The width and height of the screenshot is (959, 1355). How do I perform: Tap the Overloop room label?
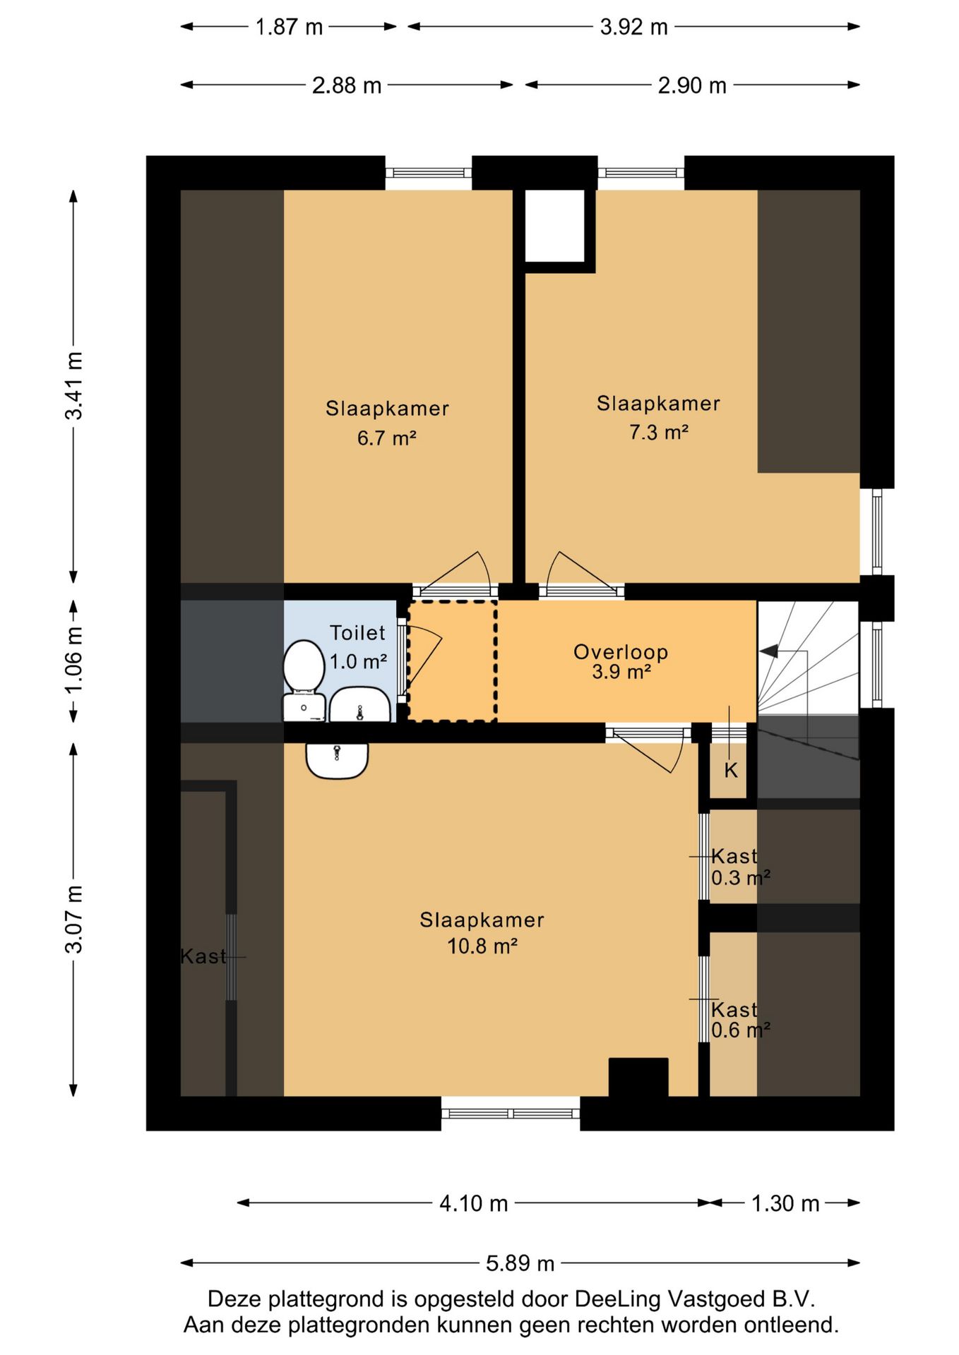point(621,652)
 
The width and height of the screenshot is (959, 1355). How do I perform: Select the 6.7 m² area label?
point(386,438)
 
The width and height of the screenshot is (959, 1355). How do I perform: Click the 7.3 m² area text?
point(659,432)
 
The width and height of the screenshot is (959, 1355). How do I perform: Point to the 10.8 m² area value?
point(482,946)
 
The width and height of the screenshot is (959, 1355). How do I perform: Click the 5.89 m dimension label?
point(520,1263)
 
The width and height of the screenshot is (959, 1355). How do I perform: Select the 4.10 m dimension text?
point(474,1203)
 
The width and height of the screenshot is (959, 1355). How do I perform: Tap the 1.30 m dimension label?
point(785,1203)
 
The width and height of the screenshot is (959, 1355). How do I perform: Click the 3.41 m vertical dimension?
point(73,385)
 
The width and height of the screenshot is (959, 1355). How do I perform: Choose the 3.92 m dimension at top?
point(633,27)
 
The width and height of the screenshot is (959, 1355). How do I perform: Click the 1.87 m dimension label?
point(289,27)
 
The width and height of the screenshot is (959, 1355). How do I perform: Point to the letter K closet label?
point(731,770)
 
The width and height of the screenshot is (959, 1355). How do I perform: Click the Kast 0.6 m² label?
point(740,1020)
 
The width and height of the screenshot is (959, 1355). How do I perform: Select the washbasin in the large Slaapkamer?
point(337,760)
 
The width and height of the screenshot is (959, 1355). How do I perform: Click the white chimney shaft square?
point(554,225)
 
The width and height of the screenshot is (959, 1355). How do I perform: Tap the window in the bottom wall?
point(511,1114)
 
